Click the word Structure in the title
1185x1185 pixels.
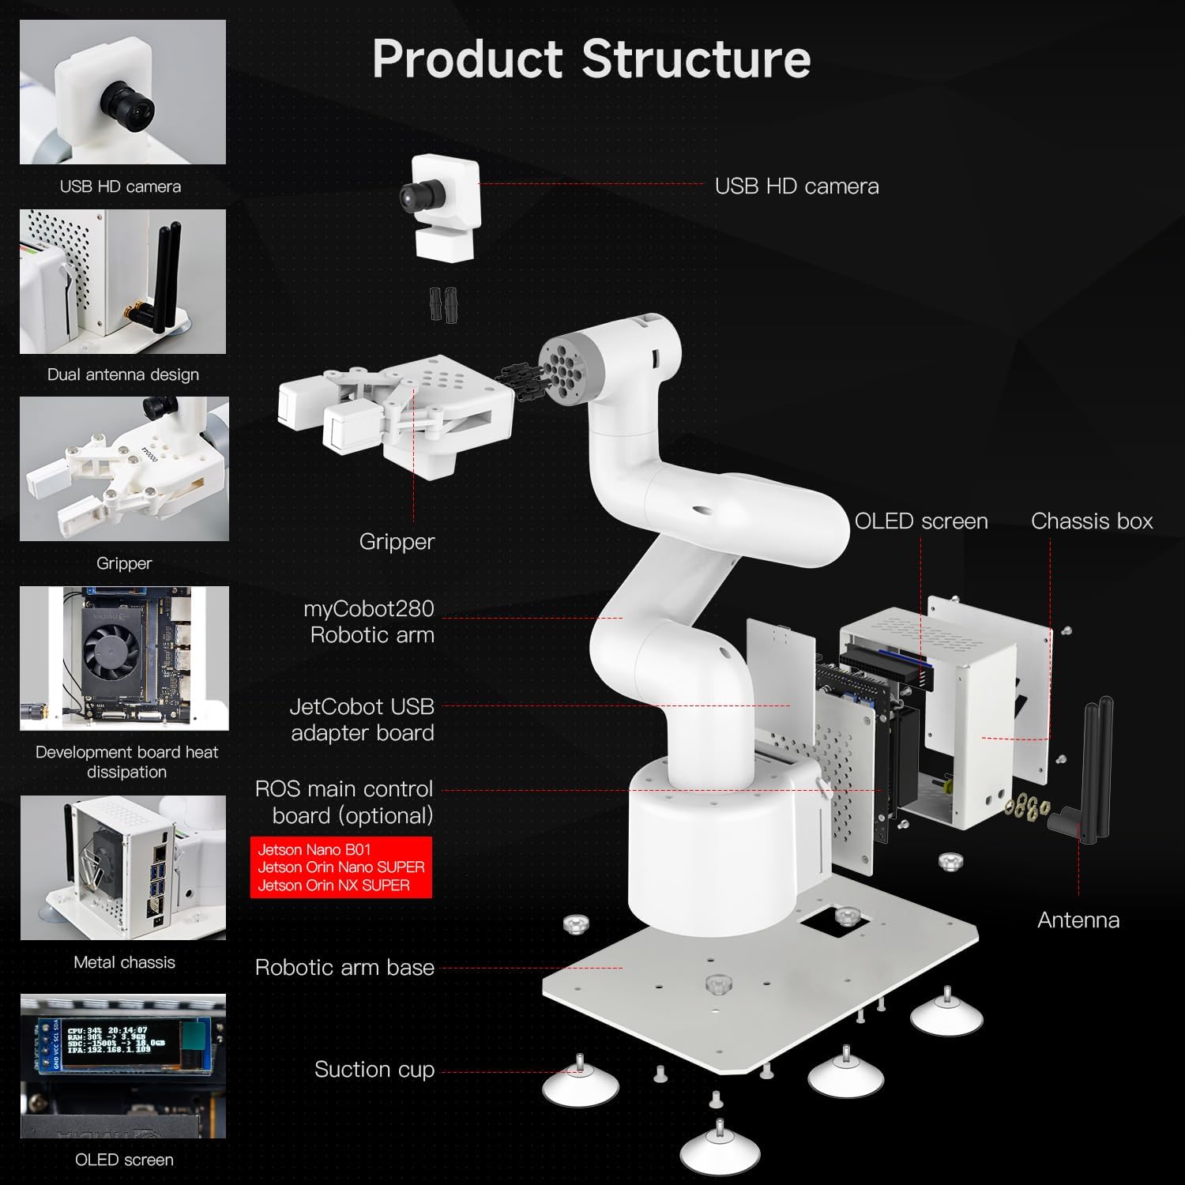coord(696,59)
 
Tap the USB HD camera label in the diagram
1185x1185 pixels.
coord(796,186)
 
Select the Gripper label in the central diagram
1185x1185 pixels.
coord(397,542)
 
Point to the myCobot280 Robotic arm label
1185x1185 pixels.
coord(370,622)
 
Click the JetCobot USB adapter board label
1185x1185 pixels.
coord(363,720)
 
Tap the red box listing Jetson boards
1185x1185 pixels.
coord(341,867)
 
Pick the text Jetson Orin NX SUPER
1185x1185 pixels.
coord(333,886)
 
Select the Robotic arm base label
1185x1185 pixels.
coord(344,968)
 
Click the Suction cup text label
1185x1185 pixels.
coord(374,1070)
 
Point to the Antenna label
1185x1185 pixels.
coord(1078,920)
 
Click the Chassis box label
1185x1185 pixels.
coord(1091,521)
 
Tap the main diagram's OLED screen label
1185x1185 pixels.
coord(921,521)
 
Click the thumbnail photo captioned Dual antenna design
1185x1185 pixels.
coord(122,281)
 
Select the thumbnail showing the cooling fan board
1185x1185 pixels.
coord(124,657)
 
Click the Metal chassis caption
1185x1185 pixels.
coord(124,962)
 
